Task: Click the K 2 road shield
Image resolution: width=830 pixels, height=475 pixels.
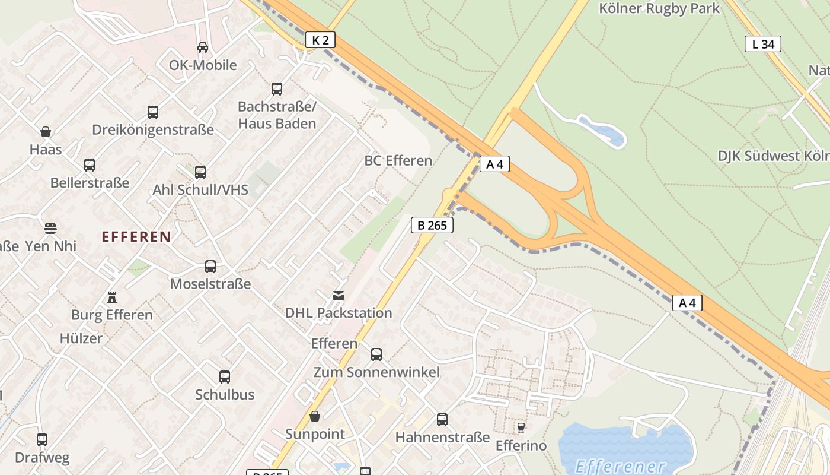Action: point(320,40)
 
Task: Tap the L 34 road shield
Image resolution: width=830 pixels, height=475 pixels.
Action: point(763,44)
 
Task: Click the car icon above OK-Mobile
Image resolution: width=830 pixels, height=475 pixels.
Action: point(203,47)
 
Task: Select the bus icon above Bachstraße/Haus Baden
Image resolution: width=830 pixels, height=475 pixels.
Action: point(277,89)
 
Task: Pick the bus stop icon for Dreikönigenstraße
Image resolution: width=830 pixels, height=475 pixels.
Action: point(153,112)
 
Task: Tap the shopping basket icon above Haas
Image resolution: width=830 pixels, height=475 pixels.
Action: point(46,132)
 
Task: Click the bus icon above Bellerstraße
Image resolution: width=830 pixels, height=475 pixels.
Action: point(90,164)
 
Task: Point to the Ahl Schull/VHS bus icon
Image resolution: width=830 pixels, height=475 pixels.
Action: point(200,172)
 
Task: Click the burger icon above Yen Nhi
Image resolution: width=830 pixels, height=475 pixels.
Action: point(50,228)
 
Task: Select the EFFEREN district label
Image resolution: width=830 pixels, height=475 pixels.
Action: point(136,237)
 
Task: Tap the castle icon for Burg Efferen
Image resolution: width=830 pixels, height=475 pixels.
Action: point(112,297)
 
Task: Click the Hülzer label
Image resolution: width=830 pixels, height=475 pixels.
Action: point(81,338)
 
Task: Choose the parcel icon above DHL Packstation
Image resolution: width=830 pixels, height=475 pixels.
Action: point(339,295)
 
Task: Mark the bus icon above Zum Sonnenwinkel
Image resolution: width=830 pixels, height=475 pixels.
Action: point(376,354)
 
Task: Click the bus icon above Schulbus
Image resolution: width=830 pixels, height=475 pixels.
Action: point(225,376)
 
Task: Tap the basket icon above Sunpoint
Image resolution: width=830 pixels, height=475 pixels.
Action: point(315,416)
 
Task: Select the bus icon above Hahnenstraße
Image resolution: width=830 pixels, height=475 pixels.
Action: point(442,420)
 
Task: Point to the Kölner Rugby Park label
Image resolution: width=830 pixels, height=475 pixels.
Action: point(659,8)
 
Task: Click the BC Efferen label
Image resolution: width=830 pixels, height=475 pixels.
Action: point(398,160)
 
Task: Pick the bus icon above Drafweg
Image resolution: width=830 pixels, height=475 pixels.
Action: point(42,440)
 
